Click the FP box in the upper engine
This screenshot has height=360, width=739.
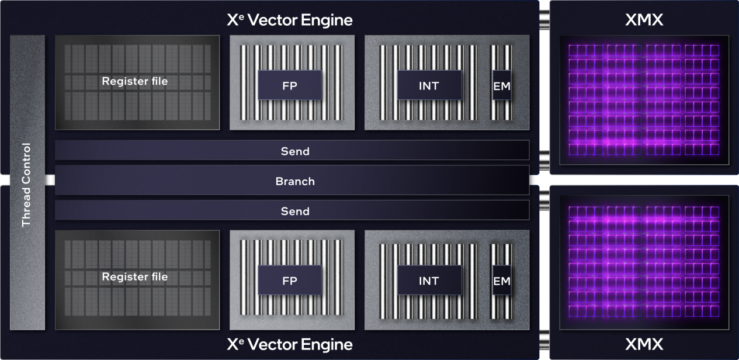pos(290,85)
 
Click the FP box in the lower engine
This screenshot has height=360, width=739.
pos(290,281)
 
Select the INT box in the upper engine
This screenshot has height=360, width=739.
pos(429,85)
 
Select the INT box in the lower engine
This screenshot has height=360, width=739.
pos(429,281)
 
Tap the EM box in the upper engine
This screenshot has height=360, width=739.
pos(501,86)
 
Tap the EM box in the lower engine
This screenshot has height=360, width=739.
pos(501,281)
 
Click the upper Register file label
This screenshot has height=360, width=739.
pos(134,81)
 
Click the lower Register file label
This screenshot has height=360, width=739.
pos(134,276)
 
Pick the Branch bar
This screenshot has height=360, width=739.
pos(294,181)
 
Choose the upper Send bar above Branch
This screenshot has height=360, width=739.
pos(294,151)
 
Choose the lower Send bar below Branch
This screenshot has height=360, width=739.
pos(294,211)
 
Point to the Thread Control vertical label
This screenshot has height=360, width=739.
pos(26,185)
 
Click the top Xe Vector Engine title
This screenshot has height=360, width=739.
pos(290,20)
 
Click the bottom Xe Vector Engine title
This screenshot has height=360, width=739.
pos(290,344)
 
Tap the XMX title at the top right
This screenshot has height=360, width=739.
pos(644,20)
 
